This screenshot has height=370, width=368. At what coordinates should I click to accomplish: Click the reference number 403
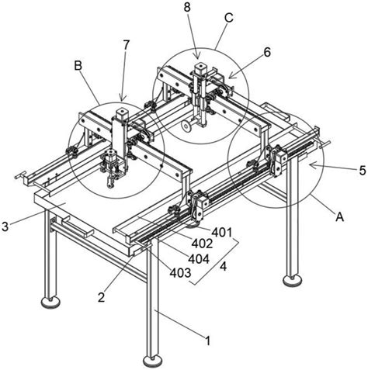point(180,272)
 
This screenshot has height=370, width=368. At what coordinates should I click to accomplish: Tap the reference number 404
point(199,259)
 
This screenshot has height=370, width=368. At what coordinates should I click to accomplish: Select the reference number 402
point(202,244)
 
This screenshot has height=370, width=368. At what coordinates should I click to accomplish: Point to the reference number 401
point(222,233)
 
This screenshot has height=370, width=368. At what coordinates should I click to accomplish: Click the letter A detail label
point(339,216)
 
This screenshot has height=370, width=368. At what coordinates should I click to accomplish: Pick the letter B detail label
point(78,66)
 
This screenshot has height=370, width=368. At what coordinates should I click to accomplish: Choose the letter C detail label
point(229,18)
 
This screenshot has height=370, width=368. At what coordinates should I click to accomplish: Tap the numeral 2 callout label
point(101,297)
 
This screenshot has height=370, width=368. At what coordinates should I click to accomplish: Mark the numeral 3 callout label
point(5,226)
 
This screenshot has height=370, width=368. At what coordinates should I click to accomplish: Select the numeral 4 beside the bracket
point(223,266)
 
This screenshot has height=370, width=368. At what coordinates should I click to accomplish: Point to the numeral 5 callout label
point(363,171)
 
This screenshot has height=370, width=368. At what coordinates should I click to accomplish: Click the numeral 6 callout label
point(267,52)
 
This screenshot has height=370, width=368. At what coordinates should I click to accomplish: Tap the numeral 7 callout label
point(126,45)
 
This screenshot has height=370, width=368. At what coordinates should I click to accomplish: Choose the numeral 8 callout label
point(187,8)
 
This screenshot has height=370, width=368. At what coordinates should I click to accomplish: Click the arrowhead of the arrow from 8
point(197,56)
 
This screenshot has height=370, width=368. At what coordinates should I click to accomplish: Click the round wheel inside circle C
point(186,126)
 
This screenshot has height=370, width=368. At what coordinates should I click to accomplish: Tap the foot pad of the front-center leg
point(153,361)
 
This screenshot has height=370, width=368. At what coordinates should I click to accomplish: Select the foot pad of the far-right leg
point(292,281)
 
